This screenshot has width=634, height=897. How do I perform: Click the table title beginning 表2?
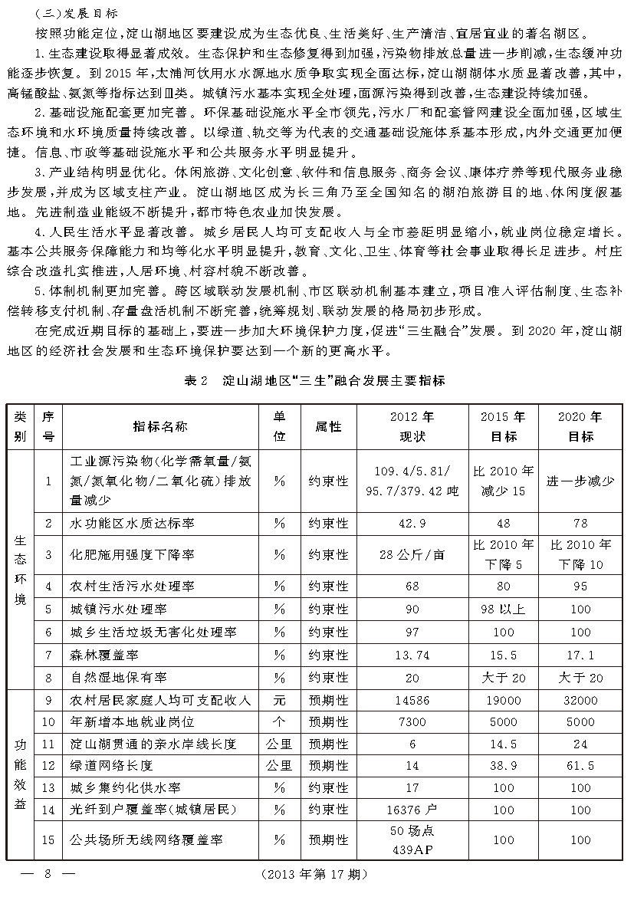[316, 379]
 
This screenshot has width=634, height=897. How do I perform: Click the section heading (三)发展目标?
[76, 14]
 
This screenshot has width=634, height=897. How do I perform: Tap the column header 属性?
[328, 426]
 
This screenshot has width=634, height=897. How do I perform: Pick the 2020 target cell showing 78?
[580, 523]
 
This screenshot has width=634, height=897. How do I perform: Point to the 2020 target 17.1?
[580, 655]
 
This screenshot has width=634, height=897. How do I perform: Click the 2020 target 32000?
[580, 700]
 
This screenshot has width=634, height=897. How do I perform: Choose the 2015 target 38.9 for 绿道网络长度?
[503, 765]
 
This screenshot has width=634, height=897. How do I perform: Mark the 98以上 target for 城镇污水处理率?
[503, 609]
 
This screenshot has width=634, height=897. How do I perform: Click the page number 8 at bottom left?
[47, 874]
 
